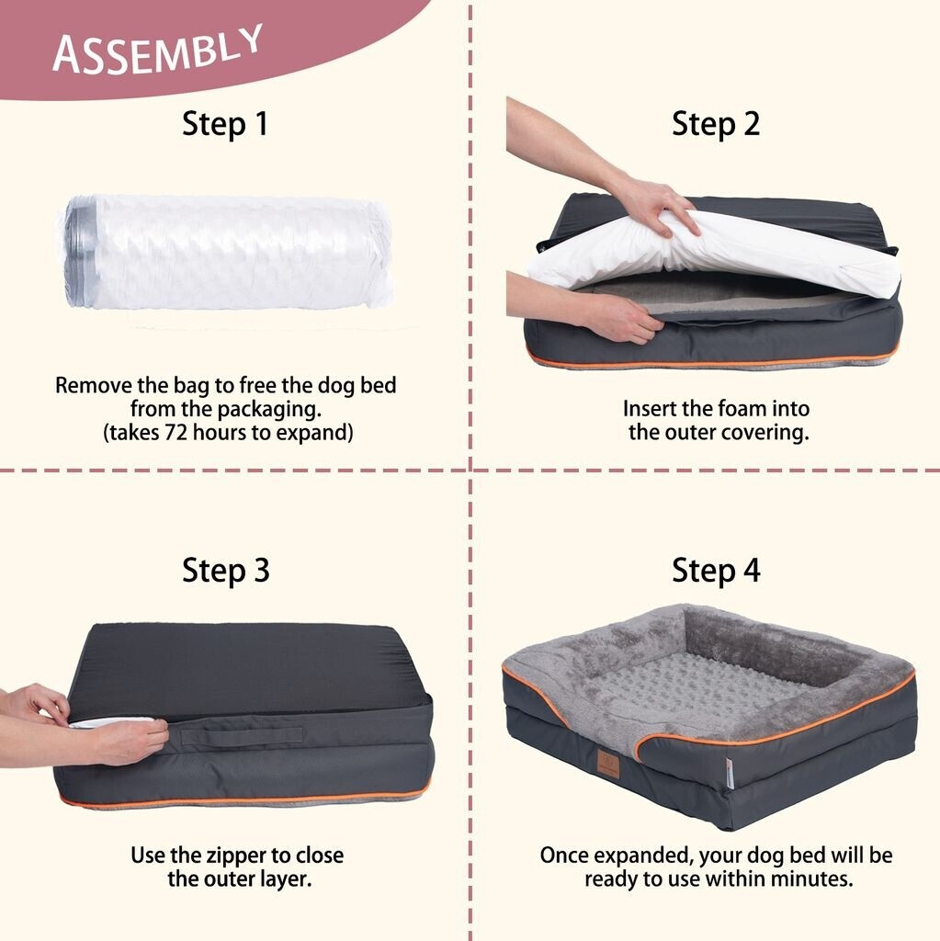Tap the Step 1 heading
tap(225, 124)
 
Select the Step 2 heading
tap(716, 124)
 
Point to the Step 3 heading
tap(226, 570)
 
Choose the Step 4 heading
tap(716, 570)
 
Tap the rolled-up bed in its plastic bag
tap(227, 251)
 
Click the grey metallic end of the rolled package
tap(81, 252)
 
